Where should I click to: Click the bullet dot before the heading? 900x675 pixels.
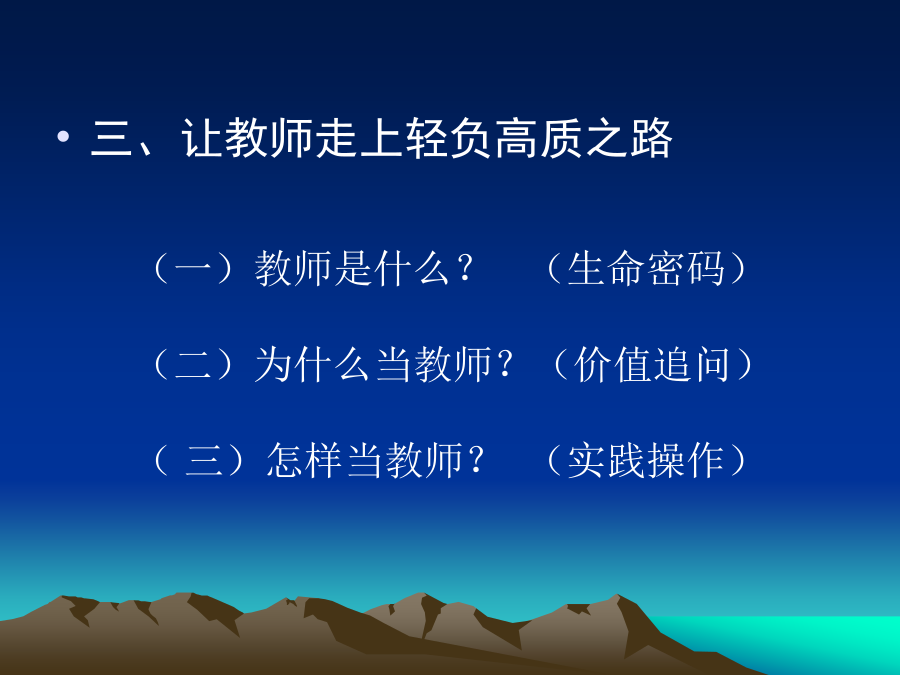tap(63, 137)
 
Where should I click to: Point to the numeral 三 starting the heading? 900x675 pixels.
tap(111, 138)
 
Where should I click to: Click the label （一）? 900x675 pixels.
tap(194, 268)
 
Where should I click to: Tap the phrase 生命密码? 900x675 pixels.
tap(646, 268)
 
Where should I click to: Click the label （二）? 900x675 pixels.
tap(194, 364)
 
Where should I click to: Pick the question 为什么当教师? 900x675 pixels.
tap(373, 364)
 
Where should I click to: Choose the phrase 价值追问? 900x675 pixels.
tap(652, 364)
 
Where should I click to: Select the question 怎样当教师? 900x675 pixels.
tap(364, 460)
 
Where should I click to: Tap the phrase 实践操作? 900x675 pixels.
tap(646, 460)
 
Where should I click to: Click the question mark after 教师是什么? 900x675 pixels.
tap(465, 268)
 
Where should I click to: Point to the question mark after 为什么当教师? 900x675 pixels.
tap(506, 364)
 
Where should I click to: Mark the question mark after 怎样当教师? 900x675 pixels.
tap(476, 460)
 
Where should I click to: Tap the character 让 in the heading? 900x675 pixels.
tap(202, 138)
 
